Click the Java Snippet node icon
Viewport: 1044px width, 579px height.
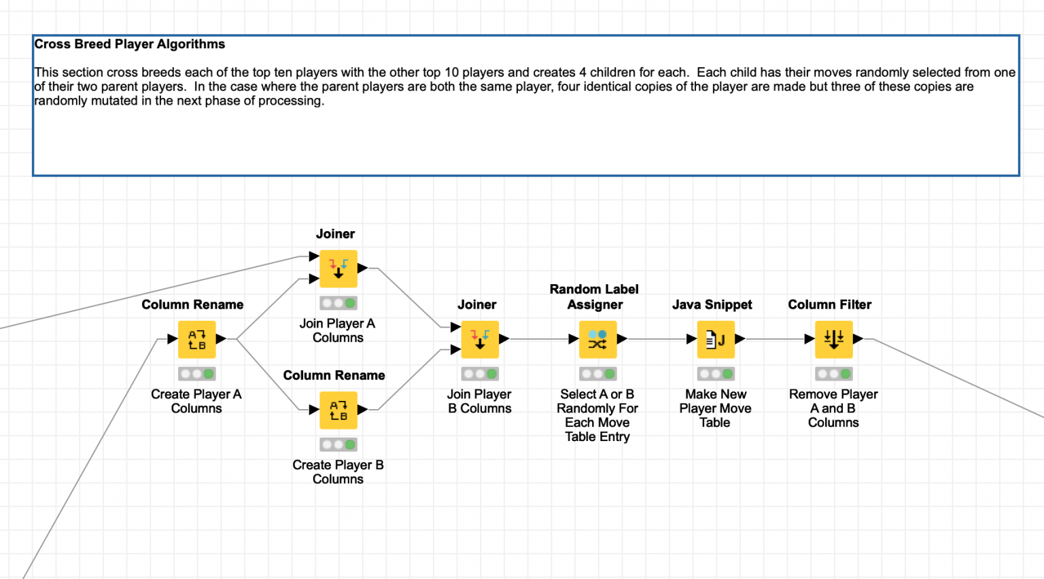(x=716, y=339)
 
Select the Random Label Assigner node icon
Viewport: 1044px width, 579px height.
(x=597, y=339)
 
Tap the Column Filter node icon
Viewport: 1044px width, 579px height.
(x=833, y=339)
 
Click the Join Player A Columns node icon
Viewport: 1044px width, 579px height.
(x=338, y=268)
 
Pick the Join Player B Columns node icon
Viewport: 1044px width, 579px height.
(x=479, y=339)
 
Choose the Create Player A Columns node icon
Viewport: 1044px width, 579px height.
(x=196, y=339)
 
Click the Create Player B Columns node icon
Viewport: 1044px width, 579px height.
(x=338, y=410)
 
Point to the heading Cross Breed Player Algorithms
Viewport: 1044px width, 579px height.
(x=129, y=44)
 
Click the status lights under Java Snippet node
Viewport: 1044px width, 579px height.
(x=716, y=374)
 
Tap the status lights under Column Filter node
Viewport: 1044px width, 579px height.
(x=833, y=374)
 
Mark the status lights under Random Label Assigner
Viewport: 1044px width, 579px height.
(x=597, y=374)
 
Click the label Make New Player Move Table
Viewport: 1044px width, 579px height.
(x=715, y=408)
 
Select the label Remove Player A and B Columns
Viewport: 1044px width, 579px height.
(x=833, y=408)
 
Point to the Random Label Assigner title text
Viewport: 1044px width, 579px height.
(x=594, y=297)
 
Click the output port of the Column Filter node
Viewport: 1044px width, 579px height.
(x=858, y=338)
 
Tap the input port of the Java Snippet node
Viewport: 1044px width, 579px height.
(x=691, y=338)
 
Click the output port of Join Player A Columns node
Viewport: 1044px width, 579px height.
(x=363, y=268)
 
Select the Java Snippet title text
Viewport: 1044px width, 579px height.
(x=712, y=304)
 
